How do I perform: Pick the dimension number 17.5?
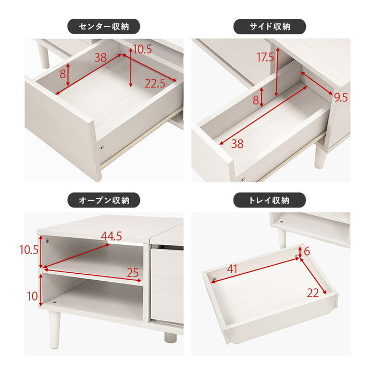265,57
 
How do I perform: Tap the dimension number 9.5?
341,97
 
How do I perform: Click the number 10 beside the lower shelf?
32,296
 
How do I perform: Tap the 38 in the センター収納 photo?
100,58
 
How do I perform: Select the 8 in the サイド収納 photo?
256,100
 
